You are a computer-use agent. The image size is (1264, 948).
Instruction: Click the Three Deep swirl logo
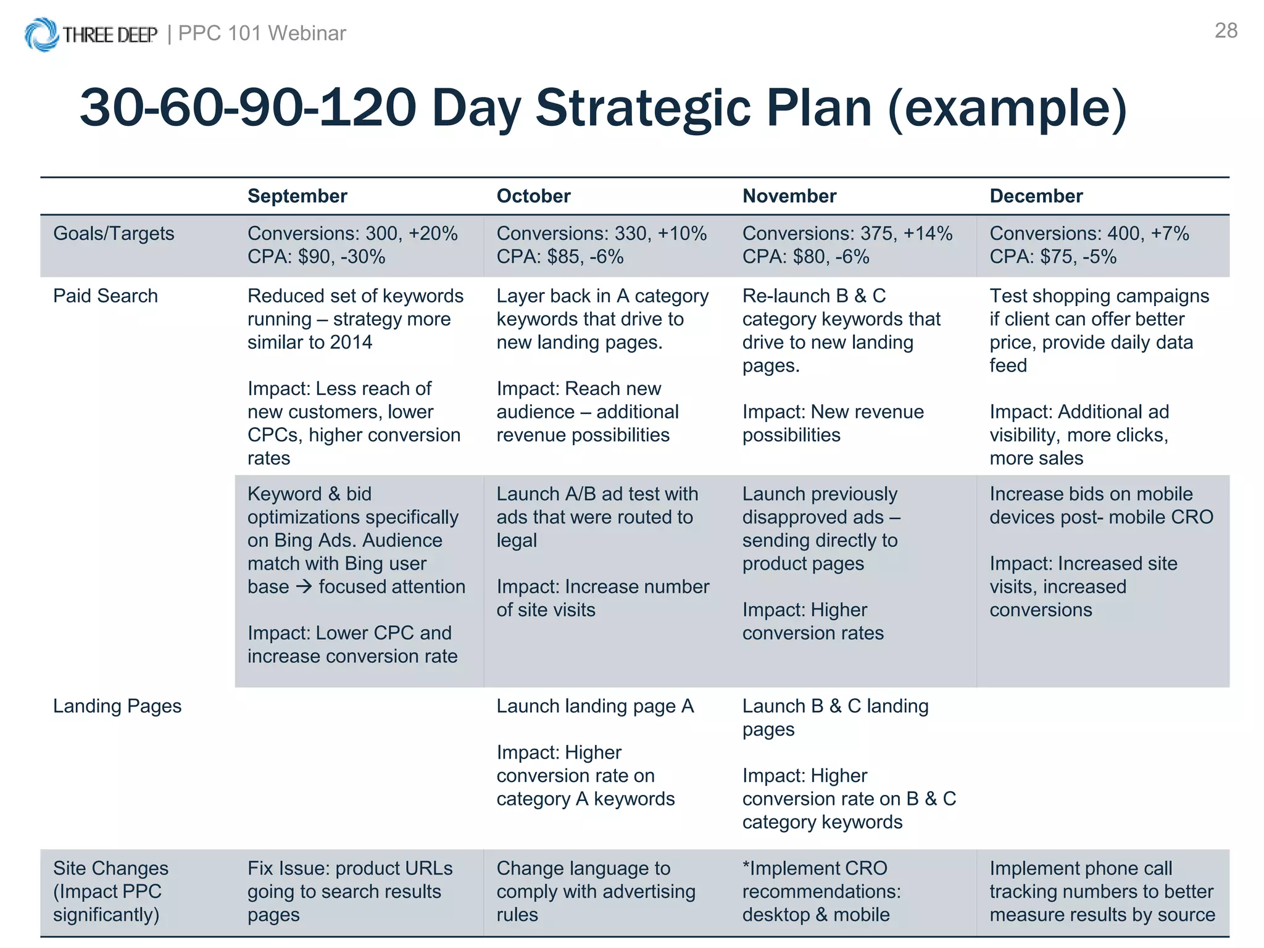42,34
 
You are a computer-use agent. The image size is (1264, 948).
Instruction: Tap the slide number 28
1226,31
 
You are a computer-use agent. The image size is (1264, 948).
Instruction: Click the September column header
297,196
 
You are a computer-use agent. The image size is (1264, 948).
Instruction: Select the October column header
533,196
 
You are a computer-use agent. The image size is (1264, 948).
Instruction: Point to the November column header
789,196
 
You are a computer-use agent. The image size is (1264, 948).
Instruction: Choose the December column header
1036,196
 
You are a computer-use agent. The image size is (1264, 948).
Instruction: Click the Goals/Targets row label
114,234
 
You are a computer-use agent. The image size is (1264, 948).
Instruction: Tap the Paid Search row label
106,296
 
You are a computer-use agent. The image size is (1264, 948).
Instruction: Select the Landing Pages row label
117,706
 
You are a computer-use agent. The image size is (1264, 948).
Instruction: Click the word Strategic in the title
704,108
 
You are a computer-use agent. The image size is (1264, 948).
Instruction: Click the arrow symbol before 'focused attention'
304,586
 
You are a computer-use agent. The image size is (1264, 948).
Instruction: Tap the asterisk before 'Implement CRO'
746,867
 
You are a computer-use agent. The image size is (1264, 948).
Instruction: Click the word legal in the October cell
517,541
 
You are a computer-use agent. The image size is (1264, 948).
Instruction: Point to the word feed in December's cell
1008,365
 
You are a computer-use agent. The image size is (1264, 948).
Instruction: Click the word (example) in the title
1007,108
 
